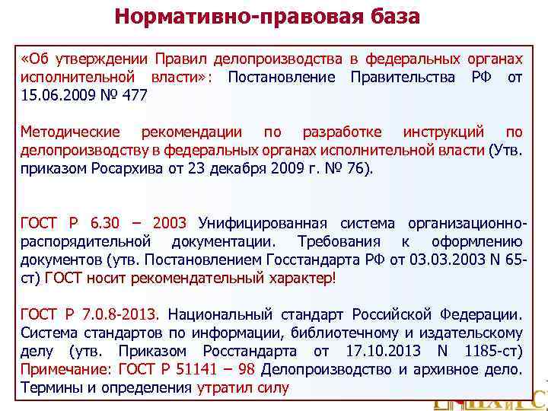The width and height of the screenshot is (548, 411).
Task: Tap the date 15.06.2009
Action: (53, 95)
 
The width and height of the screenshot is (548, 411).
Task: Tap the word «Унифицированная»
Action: (262, 223)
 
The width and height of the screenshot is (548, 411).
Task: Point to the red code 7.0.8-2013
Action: (123, 314)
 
